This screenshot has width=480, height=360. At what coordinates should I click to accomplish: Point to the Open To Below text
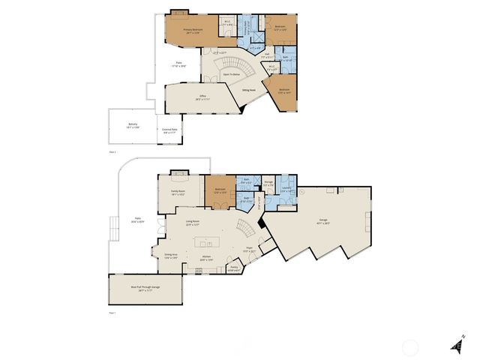pyautogui.click(x=232, y=74)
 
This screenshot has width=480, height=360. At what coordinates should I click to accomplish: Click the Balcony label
pyautogui.click(x=133, y=125)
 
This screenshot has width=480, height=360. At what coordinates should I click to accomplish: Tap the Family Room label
pyautogui.click(x=177, y=192)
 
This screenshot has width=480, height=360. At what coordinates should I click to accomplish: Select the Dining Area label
pyautogui.click(x=171, y=255)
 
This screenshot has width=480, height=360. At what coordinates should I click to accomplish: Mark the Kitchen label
pyautogui.click(x=205, y=259)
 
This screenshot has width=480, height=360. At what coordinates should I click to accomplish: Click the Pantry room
pyautogui.click(x=234, y=268)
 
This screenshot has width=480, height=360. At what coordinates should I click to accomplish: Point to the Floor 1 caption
pyautogui.click(x=112, y=312)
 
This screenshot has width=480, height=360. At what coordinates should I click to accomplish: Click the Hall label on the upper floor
pyautogui.click(x=268, y=54)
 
